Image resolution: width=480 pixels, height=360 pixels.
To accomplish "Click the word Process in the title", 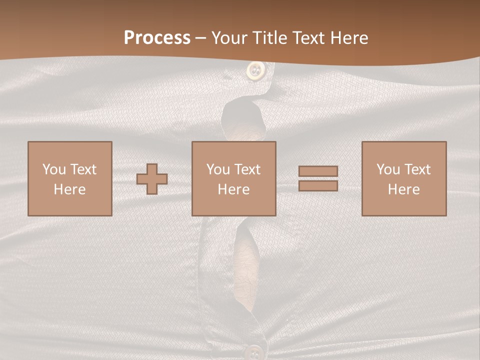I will [x=157, y=38].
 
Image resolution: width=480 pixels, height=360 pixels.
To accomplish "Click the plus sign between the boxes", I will [x=152, y=179].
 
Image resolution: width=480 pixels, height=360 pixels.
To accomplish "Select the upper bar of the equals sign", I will [x=318, y=171].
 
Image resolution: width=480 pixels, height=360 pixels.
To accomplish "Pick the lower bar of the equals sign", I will [x=318, y=186].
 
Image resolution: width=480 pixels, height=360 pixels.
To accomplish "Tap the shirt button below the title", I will [x=256, y=70].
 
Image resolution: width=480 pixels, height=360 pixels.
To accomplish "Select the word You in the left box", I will [x=54, y=169].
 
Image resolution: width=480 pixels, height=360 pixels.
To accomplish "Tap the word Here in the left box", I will [x=69, y=189].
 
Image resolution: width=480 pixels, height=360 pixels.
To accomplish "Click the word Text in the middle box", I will [x=246, y=169].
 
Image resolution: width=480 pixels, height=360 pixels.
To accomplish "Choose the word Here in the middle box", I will [x=234, y=189].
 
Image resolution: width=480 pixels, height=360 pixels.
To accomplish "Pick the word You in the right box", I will [x=388, y=169].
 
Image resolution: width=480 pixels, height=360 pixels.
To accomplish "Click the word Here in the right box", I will [x=404, y=189].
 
